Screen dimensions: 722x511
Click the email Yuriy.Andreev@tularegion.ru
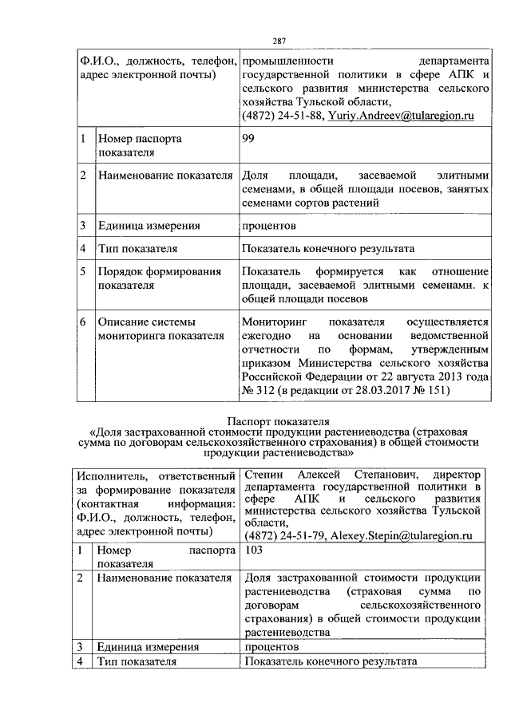click(402, 116)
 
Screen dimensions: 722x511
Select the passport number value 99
click(248, 139)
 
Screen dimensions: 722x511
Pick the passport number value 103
click(255, 550)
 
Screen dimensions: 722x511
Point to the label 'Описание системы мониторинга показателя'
click(158, 329)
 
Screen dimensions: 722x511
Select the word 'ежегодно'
click(267, 336)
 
